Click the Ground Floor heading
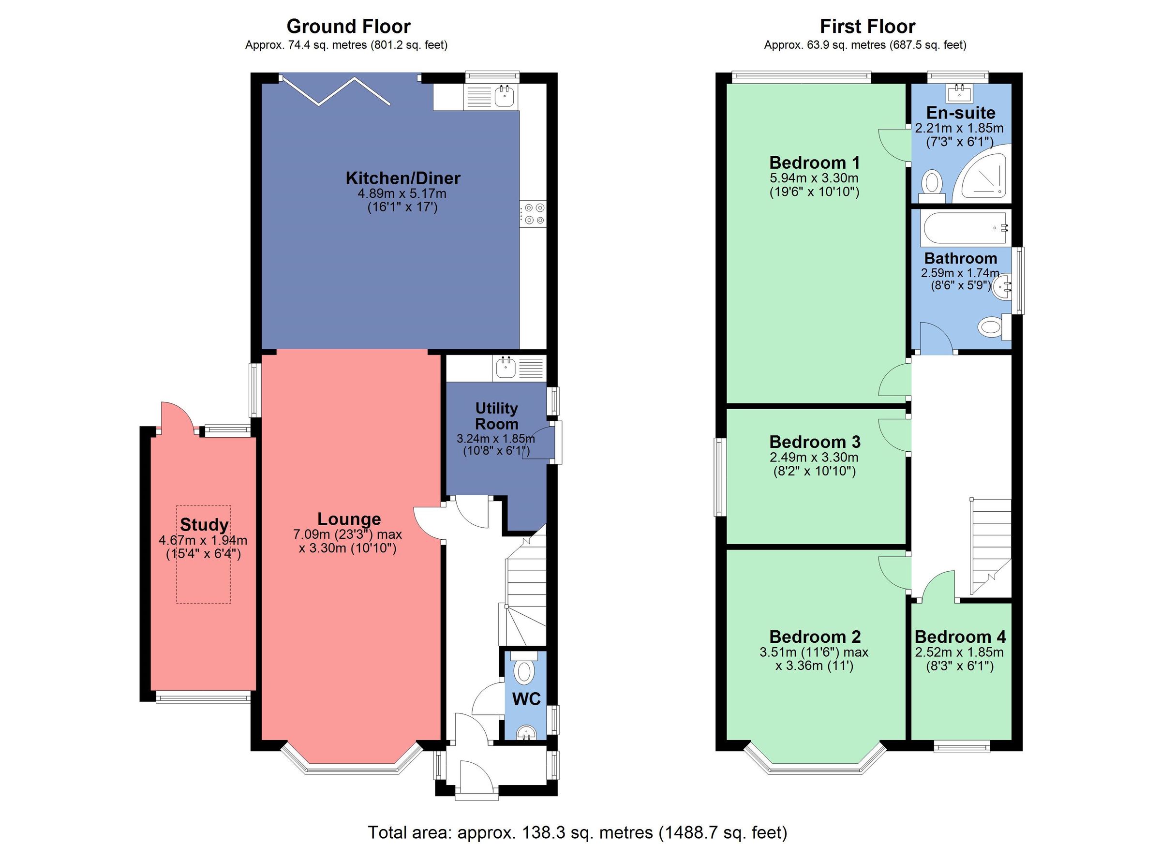click(348, 26)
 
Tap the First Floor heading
click(867, 26)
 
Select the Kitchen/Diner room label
click(403, 178)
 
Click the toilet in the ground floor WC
click(525, 671)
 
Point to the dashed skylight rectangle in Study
click(203, 554)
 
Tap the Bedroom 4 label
click(960, 637)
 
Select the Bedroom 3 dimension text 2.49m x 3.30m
click(814, 457)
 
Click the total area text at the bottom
click(578, 832)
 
